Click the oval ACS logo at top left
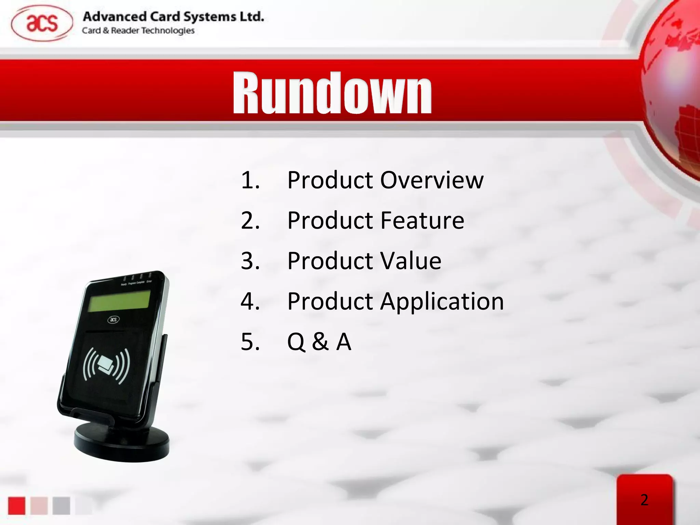coord(42,24)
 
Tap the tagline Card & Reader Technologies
coord(138,31)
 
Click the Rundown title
coord(332,93)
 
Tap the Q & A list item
coord(319,341)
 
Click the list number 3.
coord(250,261)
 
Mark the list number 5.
coord(250,341)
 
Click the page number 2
coord(644,500)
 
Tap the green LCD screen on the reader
coord(119,301)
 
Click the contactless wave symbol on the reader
coord(106,366)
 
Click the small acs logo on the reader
coord(113,320)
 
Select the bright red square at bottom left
coord(17,506)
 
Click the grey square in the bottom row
coord(61,506)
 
